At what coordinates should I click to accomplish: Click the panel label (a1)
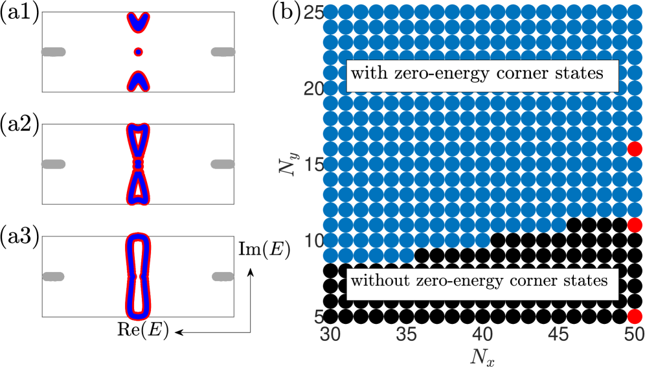[x=19, y=13]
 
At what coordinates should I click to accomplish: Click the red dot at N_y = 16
[x=634, y=149]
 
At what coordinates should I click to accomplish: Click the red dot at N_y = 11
[x=634, y=225]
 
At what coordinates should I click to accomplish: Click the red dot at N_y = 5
[x=634, y=316]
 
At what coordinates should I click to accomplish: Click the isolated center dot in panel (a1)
[x=137, y=51]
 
